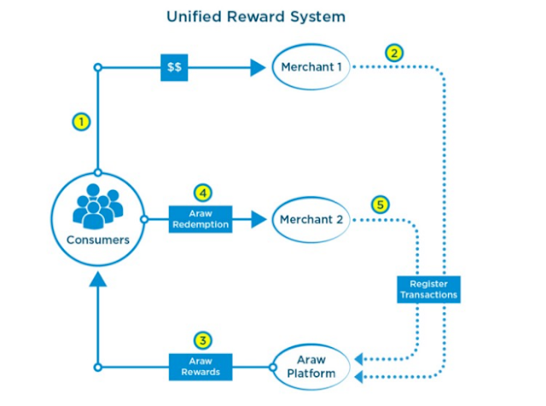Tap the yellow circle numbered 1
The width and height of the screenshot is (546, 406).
pos(81,122)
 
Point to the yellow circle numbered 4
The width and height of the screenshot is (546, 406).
pos(201,192)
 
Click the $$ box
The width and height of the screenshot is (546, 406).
pos(174,67)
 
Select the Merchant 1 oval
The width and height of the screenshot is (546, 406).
pos(311,67)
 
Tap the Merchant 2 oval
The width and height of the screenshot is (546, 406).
pos(311,219)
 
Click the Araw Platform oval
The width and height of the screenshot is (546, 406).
pos(311,368)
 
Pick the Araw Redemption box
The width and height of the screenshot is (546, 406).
pos(201,219)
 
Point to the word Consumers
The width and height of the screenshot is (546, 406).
pos(98,240)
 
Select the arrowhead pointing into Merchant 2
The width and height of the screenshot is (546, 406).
pos(258,219)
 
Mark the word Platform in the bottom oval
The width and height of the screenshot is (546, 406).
pos(311,374)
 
